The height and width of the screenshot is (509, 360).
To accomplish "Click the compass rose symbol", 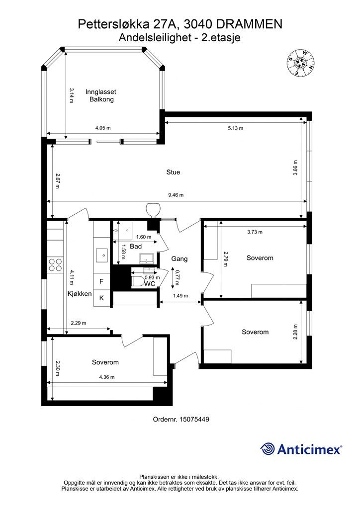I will pyautogui.click(x=300, y=63).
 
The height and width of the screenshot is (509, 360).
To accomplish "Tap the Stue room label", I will pyautogui.click(x=173, y=172).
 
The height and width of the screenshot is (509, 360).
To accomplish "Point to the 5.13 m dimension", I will pyautogui.click(x=235, y=128).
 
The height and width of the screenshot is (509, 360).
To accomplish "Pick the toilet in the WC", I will pyautogui.click(x=138, y=281).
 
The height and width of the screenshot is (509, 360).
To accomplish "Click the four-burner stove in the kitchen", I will pyautogui.click(x=55, y=265).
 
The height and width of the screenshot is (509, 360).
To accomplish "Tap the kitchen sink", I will pyautogui.click(x=101, y=255).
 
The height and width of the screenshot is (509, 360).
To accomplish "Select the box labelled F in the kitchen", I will pyautogui.click(x=101, y=281).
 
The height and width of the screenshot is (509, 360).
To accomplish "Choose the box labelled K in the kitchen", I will pyautogui.click(x=101, y=298).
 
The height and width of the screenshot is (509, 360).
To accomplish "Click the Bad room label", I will pyautogui.click(x=136, y=247).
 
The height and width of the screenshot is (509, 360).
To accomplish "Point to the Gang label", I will pyautogui.click(x=179, y=259).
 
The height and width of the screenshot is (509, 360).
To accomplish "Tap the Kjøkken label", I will pyautogui.click(x=80, y=294).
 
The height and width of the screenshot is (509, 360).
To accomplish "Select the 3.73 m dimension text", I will pyautogui.click(x=255, y=232).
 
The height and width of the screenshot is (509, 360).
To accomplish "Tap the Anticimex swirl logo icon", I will pyautogui.click(x=268, y=449).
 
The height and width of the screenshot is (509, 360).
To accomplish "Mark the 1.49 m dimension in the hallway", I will pyautogui.click(x=180, y=296).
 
